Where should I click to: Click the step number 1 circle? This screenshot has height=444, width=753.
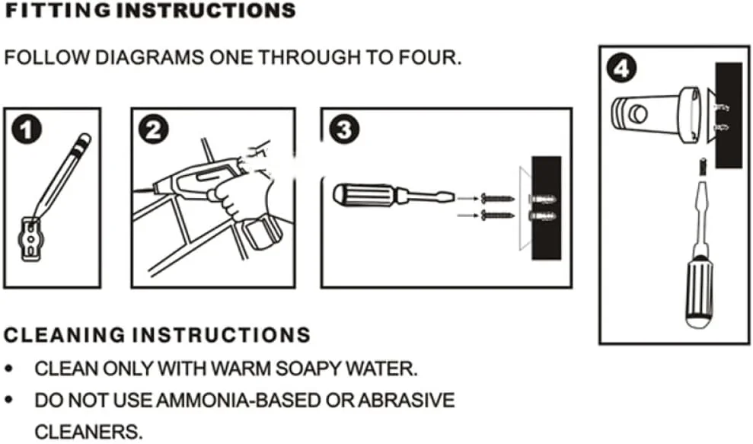(27, 129)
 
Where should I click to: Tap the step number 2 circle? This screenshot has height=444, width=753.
(153, 129)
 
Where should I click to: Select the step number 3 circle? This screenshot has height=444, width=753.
(344, 129)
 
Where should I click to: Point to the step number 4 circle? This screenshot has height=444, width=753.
(621, 69)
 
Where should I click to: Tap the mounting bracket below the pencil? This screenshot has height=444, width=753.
(30, 239)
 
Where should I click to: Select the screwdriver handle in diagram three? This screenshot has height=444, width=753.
(364, 195)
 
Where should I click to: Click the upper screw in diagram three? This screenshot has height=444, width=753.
(497, 198)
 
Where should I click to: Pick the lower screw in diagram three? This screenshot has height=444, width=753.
(497, 216)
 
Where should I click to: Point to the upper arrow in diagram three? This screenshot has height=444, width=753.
(467, 198)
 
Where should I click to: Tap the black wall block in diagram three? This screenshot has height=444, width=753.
(546, 208)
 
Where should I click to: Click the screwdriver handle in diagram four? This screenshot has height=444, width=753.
(699, 292)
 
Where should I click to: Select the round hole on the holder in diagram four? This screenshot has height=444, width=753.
(638, 114)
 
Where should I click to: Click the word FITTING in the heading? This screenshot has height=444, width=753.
(58, 11)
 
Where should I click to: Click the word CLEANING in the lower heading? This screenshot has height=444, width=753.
(65, 335)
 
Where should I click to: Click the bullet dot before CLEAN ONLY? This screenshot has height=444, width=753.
(8, 369)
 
